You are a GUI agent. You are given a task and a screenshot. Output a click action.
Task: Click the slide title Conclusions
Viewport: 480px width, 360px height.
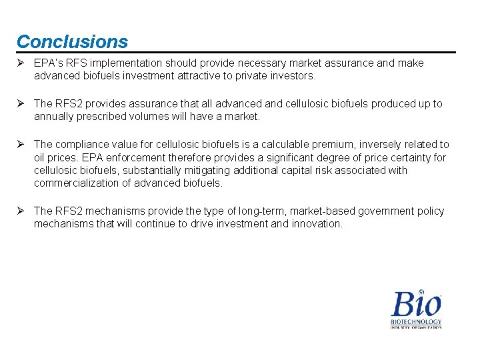pos(72,41)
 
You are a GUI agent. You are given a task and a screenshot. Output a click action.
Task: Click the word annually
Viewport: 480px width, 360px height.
pos(55,117)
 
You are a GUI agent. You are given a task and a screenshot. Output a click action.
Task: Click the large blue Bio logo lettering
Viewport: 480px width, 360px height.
pos(416,304)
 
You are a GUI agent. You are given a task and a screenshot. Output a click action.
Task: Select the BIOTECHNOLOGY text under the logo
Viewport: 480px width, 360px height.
pos(416,322)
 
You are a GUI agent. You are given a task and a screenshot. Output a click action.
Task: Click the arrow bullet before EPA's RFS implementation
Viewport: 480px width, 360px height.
pos(21,63)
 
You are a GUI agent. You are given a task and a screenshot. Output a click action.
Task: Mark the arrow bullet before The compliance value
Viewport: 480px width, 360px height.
pos(21,145)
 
